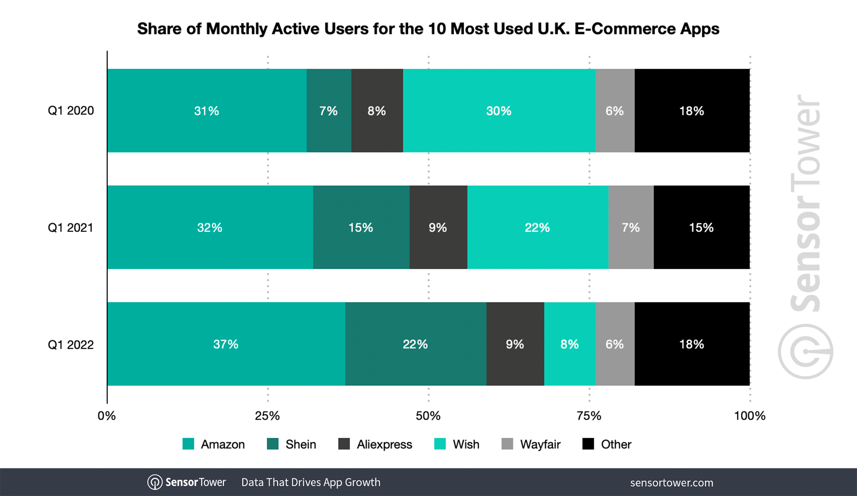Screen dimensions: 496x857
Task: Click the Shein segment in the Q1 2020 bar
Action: (329, 110)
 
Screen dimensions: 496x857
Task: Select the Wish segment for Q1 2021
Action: (538, 227)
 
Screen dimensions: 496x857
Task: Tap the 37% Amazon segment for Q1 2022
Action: (226, 344)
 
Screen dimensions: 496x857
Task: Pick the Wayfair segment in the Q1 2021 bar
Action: (631, 227)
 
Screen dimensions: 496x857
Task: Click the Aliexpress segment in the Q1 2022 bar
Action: (515, 344)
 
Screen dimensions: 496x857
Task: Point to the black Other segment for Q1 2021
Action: (702, 227)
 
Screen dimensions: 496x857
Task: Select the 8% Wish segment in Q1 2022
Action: (570, 344)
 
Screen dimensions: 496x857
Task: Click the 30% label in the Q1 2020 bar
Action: (499, 111)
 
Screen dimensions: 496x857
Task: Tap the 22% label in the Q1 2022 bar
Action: (415, 344)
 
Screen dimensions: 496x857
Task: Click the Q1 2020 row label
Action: (71, 111)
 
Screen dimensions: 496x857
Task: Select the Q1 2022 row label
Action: (71, 345)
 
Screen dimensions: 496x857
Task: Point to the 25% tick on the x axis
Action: (267, 416)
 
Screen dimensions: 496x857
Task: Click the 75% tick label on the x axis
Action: (589, 416)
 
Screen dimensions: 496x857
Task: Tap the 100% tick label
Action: (749, 416)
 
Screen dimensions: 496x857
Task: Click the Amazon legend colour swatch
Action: (188, 444)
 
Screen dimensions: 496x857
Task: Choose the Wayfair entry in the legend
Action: (540, 444)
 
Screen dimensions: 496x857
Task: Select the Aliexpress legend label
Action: (384, 444)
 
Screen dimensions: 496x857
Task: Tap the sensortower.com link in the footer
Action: (671, 483)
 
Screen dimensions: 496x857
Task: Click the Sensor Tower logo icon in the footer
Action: (155, 482)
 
